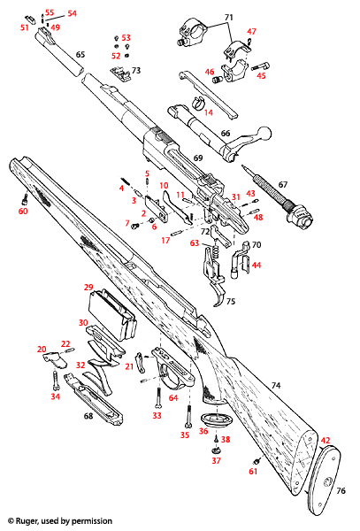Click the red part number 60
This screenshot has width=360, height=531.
(x=23, y=212)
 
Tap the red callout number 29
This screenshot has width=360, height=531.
(x=88, y=288)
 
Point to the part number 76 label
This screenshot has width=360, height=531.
(x=343, y=491)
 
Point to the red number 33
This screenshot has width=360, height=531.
(x=157, y=415)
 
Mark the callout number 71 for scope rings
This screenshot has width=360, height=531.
(x=229, y=18)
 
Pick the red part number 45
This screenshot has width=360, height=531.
(x=261, y=76)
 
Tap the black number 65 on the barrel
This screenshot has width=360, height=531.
(x=80, y=55)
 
